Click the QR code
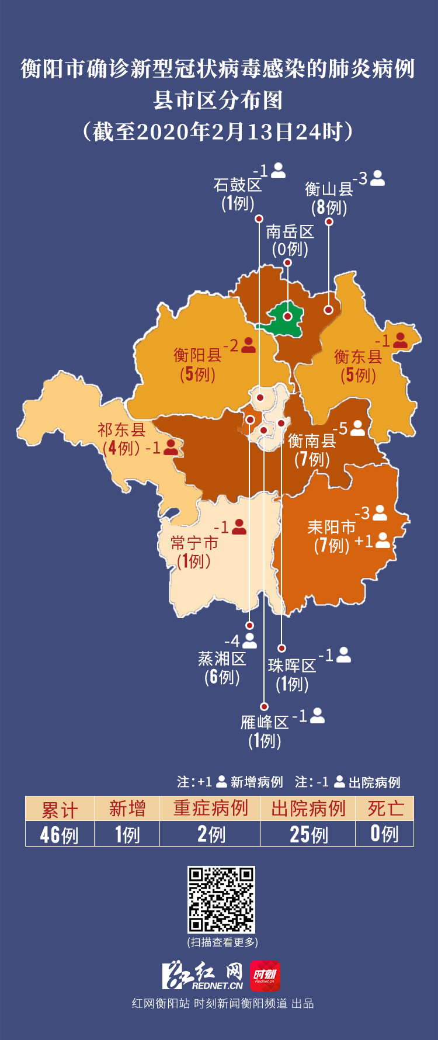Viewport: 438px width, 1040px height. coord(221,899)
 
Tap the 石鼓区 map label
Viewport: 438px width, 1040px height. coord(238,185)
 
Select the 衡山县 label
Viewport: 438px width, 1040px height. coord(329,189)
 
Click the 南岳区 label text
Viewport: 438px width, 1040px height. coord(290,232)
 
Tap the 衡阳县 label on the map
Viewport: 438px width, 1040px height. coord(197,355)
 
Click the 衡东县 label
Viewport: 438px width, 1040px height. coord(358,356)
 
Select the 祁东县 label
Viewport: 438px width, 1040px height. coord(121,430)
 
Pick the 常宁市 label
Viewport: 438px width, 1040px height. coord(194,543)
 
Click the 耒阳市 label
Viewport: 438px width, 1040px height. coord(331,528)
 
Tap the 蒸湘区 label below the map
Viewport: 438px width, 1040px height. coord(222,659)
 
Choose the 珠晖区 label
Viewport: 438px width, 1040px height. coord(292,665)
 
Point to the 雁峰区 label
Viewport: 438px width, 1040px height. coord(265,723)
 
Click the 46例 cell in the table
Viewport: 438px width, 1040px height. coord(60,834)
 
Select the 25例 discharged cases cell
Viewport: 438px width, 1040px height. coord(308,834)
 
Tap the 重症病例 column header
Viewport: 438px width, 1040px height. coord(210,809)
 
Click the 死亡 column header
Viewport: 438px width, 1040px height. coord(385,809)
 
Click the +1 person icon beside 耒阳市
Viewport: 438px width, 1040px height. coord(383,540)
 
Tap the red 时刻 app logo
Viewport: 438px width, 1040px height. coord(265,976)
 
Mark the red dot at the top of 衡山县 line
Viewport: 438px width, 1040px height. coord(329,221)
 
